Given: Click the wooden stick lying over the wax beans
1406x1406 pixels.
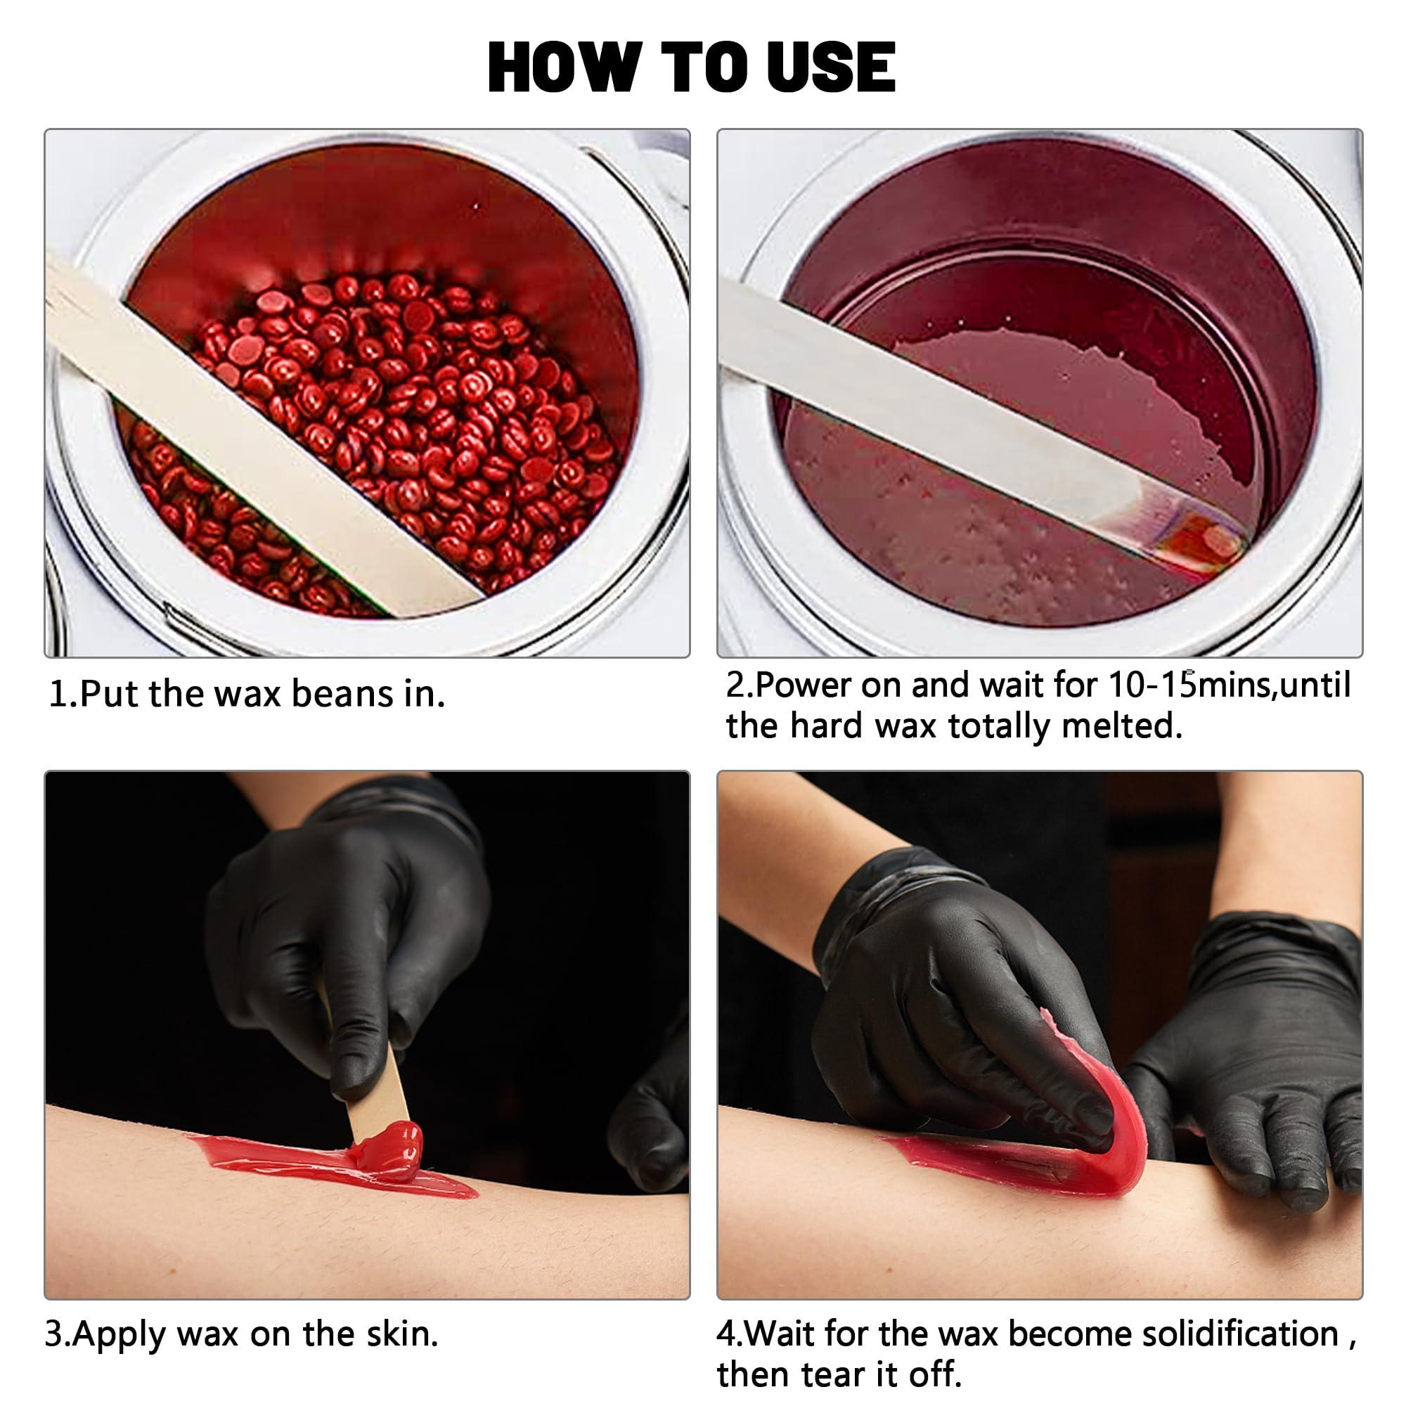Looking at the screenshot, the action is [x=262, y=434].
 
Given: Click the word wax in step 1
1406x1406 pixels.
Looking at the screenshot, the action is [x=248, y=694].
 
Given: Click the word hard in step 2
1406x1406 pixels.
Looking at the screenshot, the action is [x=827, y=725].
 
